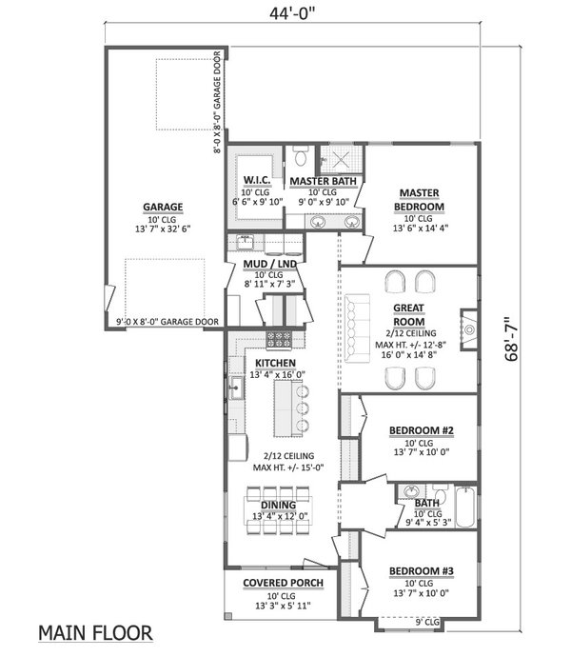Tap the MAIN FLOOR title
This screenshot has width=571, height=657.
tap(93, 632)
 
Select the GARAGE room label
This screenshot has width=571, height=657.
tap(163, 207)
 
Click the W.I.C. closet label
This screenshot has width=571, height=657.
tap(256, 180)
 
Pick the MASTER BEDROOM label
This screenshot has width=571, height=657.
tap(420, 199)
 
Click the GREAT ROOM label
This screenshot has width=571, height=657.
tap(408, 315)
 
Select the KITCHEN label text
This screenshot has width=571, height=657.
tap(273, 364)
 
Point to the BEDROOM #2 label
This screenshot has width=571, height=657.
tap(420, 431)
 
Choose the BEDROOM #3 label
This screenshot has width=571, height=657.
tap(420, 571)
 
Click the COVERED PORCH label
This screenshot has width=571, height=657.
tap(283, 583)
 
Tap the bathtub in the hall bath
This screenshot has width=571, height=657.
tap(465, 508)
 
